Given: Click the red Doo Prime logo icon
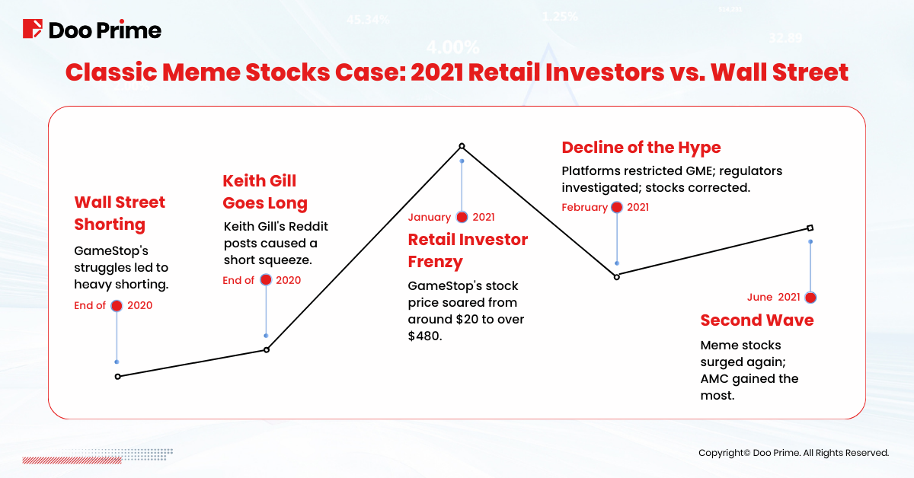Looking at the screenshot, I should pyautogui.click(x=32, y=30).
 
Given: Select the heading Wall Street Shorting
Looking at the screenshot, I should pyautogui.click(x=120, y=213).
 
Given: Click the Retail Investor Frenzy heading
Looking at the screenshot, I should pyautogui.click(x=468, y=250).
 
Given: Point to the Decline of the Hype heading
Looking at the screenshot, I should pyautogui.click(x=641, y=147).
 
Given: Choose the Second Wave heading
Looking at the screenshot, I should pyautogui.click(x=756, y=320).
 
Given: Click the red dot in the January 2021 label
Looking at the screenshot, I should pyautogui.click(x=462, y=218).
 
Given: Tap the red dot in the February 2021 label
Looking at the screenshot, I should pyautogui.click(x=616, y=208).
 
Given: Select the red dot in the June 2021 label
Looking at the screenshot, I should pyautogui.click(x=810, y=298).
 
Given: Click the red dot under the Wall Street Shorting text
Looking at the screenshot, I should pyautogui.click(x=117, y=306).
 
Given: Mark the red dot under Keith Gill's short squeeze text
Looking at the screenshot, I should pyautogui.click(x=266, y=280).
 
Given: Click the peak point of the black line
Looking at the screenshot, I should pyautogui.click(x=462, y=146).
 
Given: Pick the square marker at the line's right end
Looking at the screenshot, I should pyautogui.click(x=810, y=228).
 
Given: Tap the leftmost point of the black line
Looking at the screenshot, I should pyautogui.click(x=117, y=376).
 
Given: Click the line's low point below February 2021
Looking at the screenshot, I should pyautogui.click(x=617, y=277).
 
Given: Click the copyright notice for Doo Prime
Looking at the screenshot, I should pyautogui.click(x=794, y=453).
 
